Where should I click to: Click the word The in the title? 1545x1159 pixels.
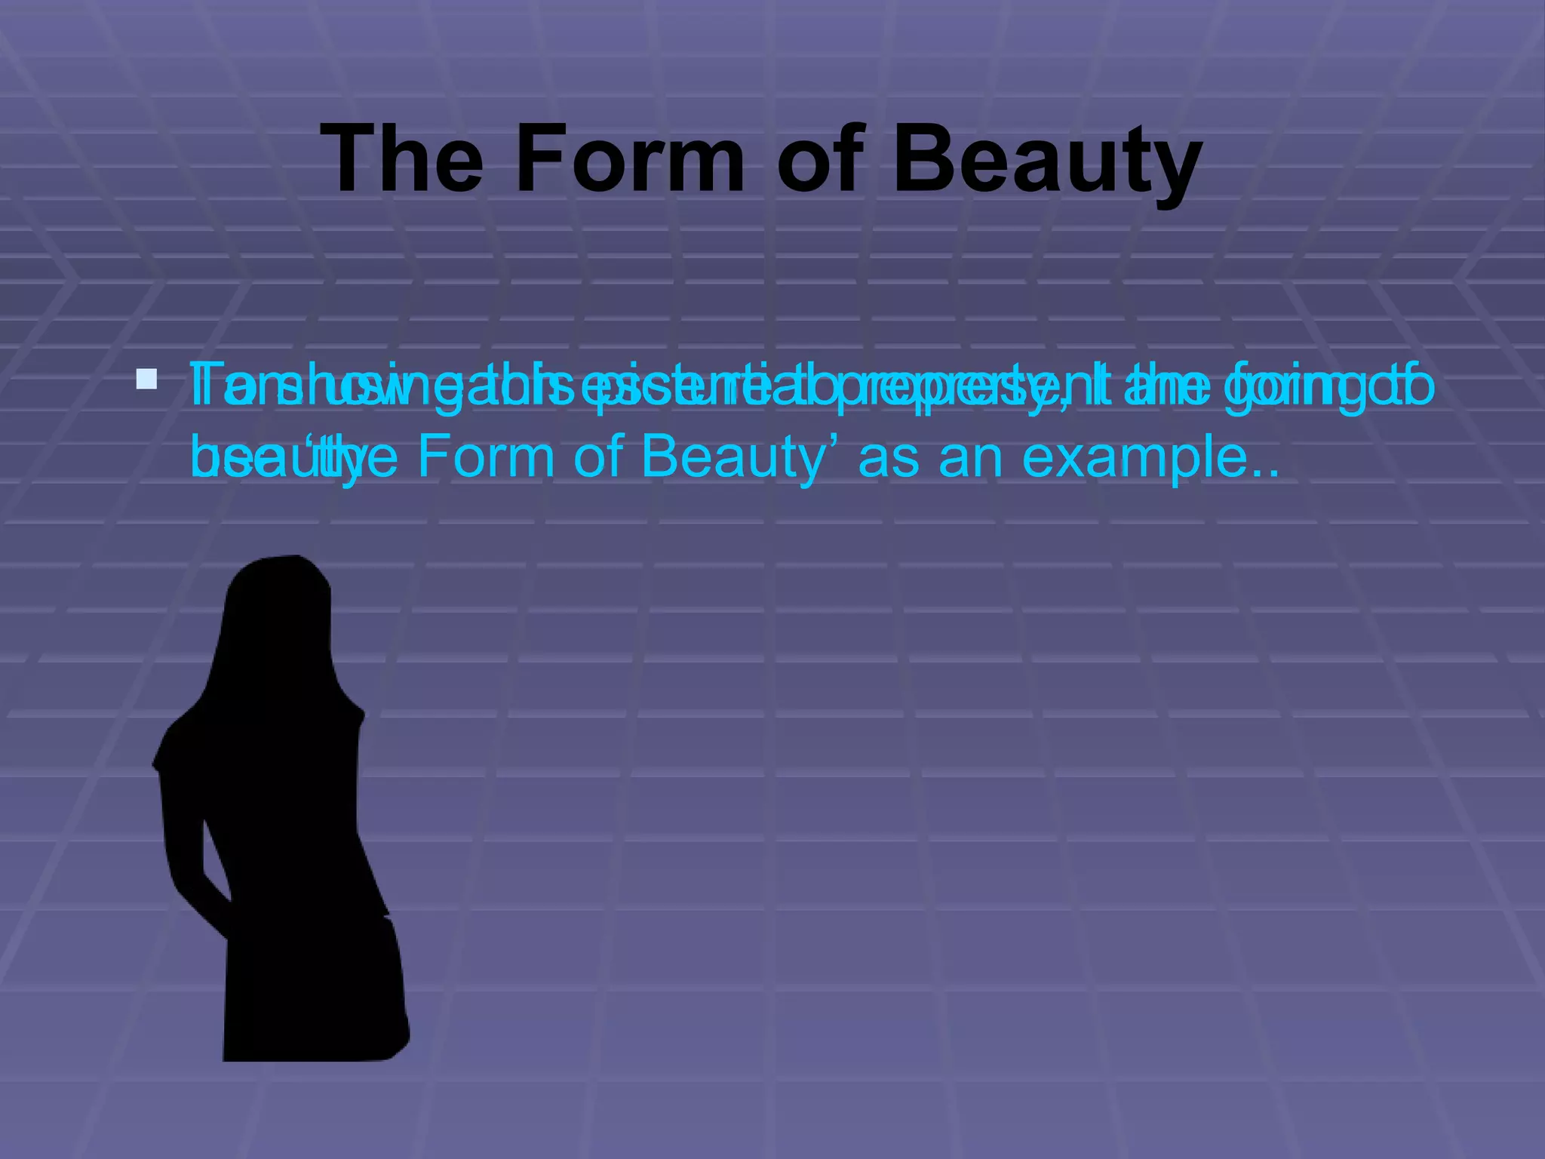tap(401, 160)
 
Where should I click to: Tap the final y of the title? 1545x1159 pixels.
tap(1172, 170)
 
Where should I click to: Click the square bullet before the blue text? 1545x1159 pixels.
tap(146, 379)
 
